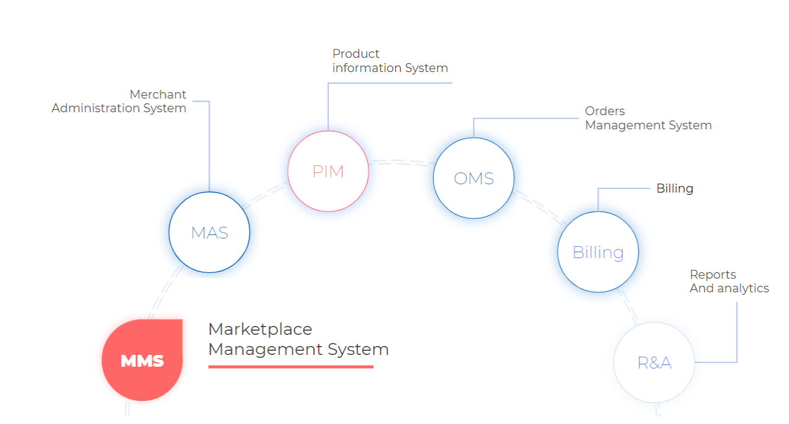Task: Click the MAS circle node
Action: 209,232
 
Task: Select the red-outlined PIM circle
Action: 328,171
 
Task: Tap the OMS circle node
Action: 474,178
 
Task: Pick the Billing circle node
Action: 598,252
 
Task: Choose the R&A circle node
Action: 654,362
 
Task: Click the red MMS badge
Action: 142,360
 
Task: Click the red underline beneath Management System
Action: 290,367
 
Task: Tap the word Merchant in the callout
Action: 158,94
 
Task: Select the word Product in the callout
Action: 356,54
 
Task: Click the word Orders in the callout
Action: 605,111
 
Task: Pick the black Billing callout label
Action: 675,188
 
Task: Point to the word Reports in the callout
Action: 713,275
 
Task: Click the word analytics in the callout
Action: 743,289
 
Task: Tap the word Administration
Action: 96,108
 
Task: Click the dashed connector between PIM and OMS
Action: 401,161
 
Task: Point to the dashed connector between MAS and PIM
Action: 265,194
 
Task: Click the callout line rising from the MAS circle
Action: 209,148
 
